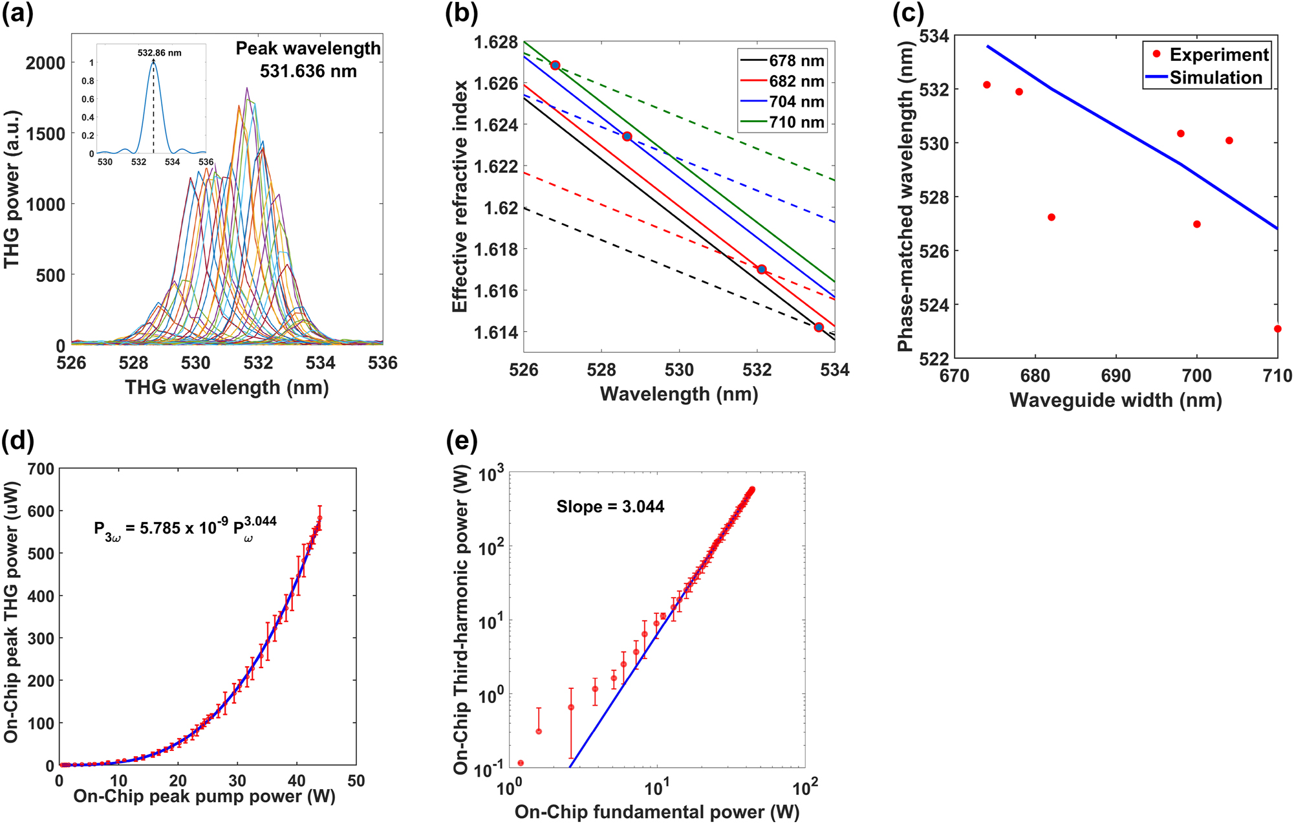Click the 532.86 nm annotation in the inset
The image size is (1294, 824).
pos(159,53)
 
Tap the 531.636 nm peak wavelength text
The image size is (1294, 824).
pos(308,71)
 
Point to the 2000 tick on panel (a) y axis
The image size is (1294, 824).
pos(45,63)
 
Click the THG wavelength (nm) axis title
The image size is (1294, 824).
pos(226,387)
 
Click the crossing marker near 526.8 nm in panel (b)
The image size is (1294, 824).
pos(555,65)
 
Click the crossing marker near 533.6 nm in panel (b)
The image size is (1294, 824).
pos(819,327)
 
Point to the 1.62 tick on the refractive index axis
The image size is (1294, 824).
pos(501,208)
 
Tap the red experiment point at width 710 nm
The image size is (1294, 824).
pos(1277,329)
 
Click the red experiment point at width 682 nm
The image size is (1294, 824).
pos(1051,217)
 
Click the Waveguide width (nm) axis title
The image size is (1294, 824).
pos(1116,400)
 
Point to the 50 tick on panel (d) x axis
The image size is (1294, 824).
pos(356,781)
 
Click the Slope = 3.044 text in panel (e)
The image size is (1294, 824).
pos(610,506)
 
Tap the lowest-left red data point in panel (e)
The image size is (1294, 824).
pos(521,763)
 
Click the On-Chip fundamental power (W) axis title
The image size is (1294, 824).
pos(656,812)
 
